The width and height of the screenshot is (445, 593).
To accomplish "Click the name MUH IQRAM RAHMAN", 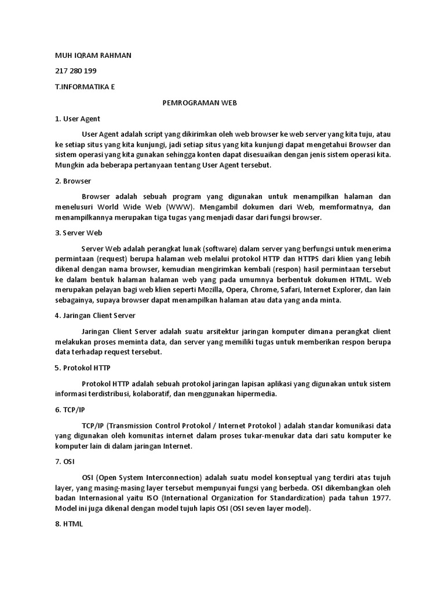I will [x=93, y=55].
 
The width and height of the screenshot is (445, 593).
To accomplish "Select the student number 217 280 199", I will [x=75, y=71].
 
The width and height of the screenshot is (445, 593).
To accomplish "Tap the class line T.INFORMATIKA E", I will [x=85, y=87].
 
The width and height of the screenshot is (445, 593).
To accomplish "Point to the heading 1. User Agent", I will [x=78, y=119].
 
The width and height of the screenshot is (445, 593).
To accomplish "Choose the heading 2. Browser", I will [x=73, y=181].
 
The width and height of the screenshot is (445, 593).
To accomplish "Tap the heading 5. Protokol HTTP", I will [x=83, y=368].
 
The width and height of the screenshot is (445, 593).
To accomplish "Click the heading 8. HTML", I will [x=69, y=524].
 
